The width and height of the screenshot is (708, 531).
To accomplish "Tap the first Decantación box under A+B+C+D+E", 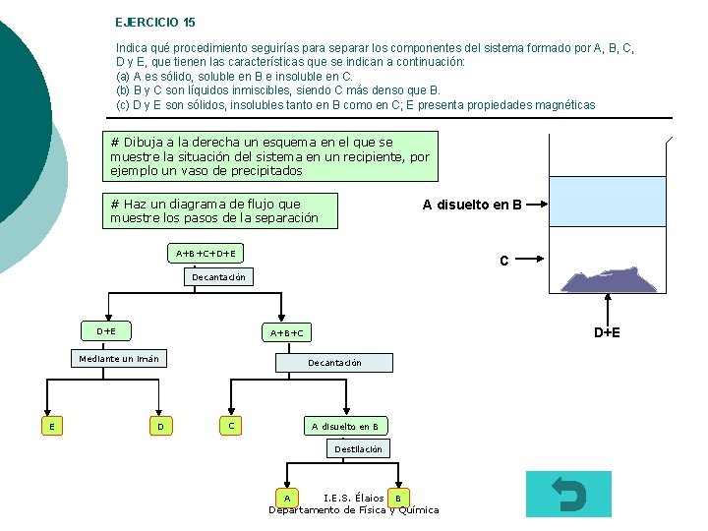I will click(218, 277).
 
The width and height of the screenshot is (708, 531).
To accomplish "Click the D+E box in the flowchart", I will click(106, 331).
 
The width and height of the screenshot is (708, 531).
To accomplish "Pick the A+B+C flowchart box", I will click(287, 333).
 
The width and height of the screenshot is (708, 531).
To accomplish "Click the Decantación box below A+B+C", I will click(334, 363).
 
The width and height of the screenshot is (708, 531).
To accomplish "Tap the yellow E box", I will click(51, 426).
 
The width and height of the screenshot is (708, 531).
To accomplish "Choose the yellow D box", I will click(159, 426).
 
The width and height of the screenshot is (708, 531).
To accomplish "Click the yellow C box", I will click(230, 426).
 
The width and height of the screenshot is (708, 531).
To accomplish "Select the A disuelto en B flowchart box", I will click(344, 426).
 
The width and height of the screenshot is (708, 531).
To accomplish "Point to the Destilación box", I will click(358, 449).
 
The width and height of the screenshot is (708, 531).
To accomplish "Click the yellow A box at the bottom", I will click(285, 498).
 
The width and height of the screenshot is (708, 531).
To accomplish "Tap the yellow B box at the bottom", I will click(397, 498).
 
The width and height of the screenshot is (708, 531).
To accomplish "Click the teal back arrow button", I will click(568, 494).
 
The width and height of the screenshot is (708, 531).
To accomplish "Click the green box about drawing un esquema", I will click(269, 156).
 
